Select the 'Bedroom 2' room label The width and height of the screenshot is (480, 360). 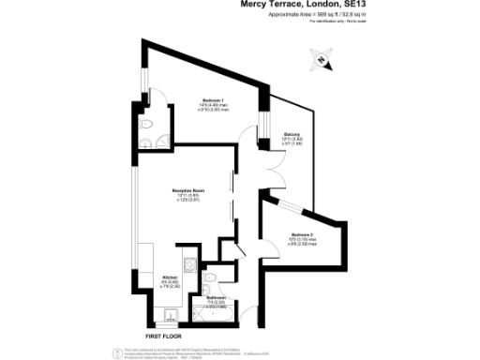click(x=303, y=234)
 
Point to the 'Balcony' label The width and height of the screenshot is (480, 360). click(x=292, y=135)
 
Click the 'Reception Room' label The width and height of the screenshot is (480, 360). click(x=188, y=190)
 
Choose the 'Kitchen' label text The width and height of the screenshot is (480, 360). click(x=170, y=277)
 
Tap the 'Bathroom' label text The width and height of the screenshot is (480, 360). click(x=217, y=297)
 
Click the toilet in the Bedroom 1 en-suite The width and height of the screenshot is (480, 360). click(x=143, y=128)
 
